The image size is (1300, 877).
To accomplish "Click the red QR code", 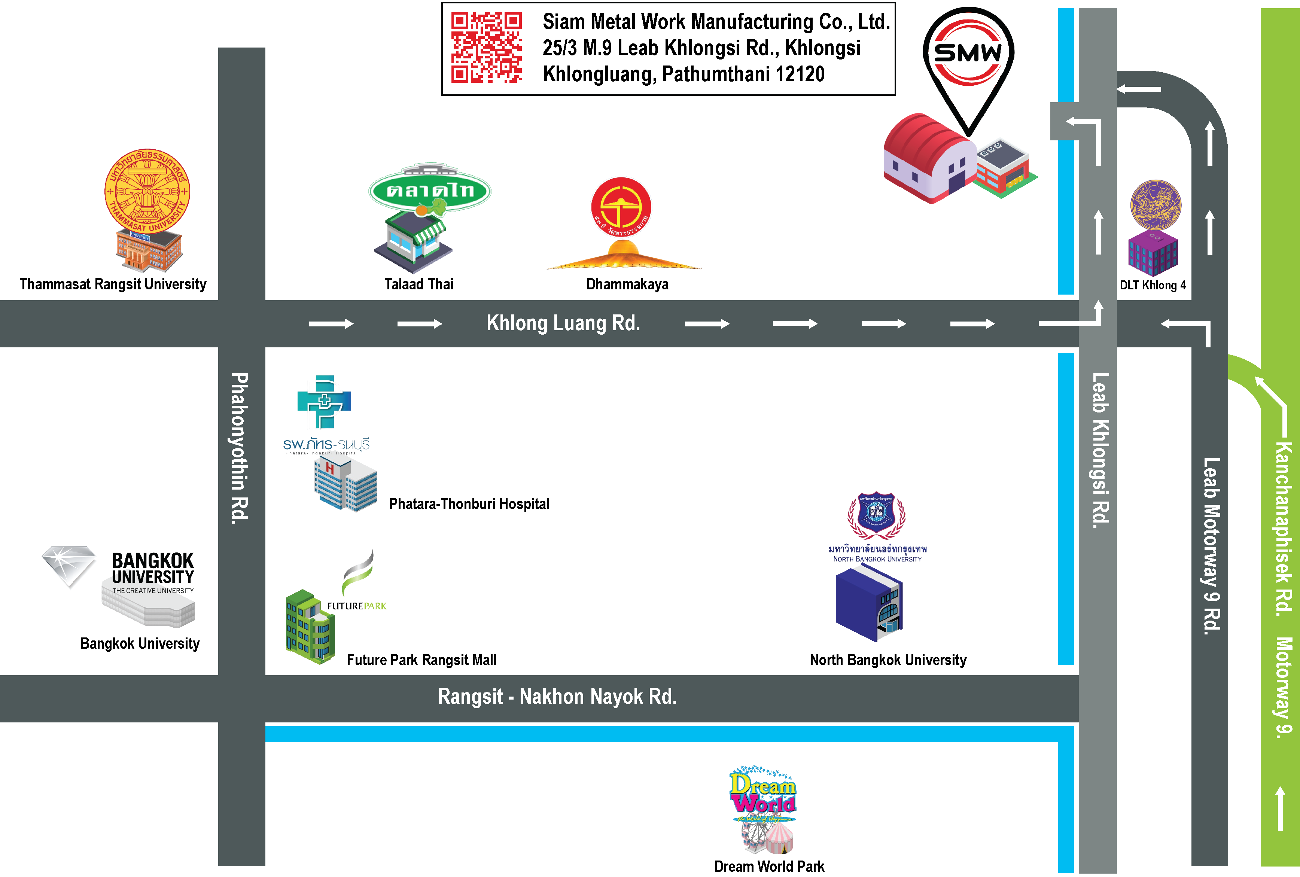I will click(486, 48).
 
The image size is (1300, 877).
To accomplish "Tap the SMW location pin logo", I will click(968, 53).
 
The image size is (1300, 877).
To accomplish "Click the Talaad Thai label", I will click(418, 284).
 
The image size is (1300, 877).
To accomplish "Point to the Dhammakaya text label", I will click(627, 284).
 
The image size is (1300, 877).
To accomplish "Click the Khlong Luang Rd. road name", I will click(563, 323).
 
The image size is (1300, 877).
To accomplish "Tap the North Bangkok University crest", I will click(876, 515).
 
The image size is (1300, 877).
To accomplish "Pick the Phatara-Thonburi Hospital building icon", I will click(345, 484).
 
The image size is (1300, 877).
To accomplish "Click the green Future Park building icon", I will click(310, 627).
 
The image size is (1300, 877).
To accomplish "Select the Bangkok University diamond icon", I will click(69, 565).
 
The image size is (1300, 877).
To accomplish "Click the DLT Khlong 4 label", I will click(1152, 285).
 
